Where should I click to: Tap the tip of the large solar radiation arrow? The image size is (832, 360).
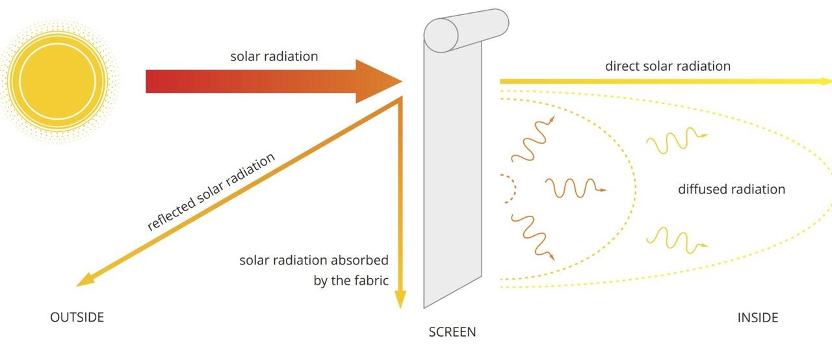click(x=398, y=81)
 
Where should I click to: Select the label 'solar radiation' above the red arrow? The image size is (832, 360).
click(x=274, y=57)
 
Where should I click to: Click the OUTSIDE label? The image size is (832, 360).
click(x=77, y=317)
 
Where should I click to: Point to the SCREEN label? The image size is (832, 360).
click(x=452, y=332)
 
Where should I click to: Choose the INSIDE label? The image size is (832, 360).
click(x=757, y=318)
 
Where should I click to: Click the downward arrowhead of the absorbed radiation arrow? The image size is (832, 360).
click(x=400, y=300)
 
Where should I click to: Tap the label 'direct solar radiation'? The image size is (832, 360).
click(x=668, y=66)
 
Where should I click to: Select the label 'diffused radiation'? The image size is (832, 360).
click(x=731, y=189)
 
